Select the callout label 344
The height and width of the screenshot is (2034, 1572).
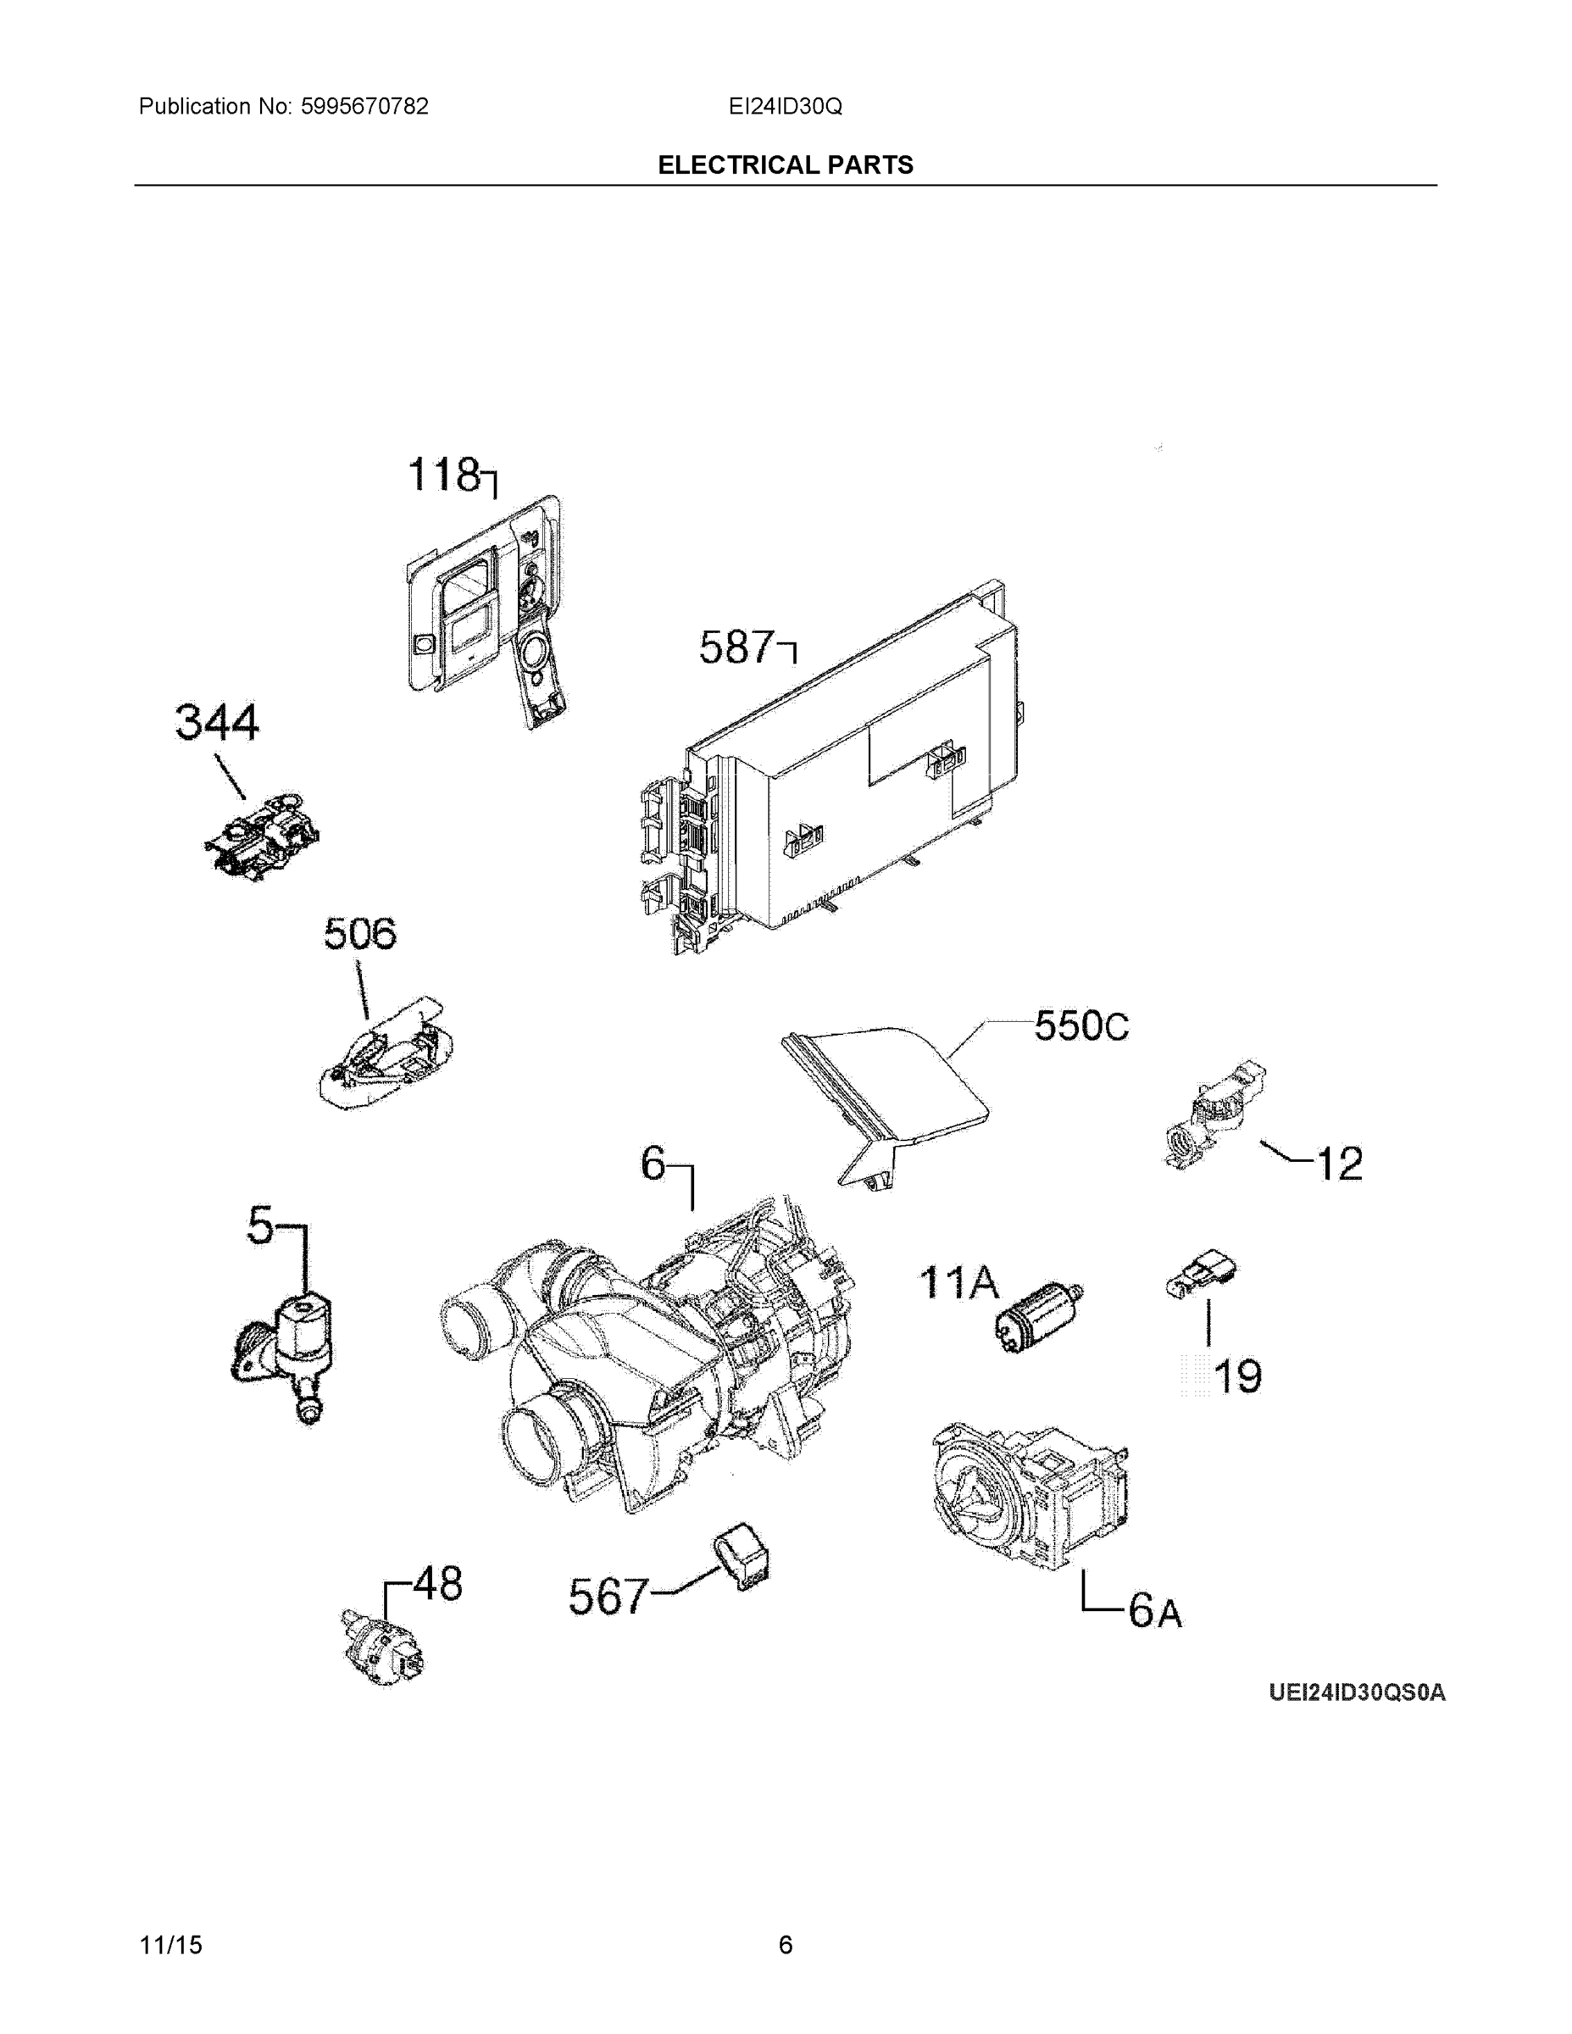click(x=217, y=723)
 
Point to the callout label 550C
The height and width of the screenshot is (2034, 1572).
click(x=1081, y=1026)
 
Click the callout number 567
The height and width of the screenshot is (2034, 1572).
click(x=608, y=1598)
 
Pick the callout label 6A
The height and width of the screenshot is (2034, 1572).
click(x=1155, y=1610)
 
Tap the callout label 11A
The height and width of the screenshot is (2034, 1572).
click(x=958, y=1282)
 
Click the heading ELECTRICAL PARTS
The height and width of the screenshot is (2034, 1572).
click(x=785, y=165)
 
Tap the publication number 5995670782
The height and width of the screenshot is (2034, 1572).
click(x=364, y=106)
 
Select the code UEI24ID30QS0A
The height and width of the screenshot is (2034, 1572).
click(x=1357, y=1692)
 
